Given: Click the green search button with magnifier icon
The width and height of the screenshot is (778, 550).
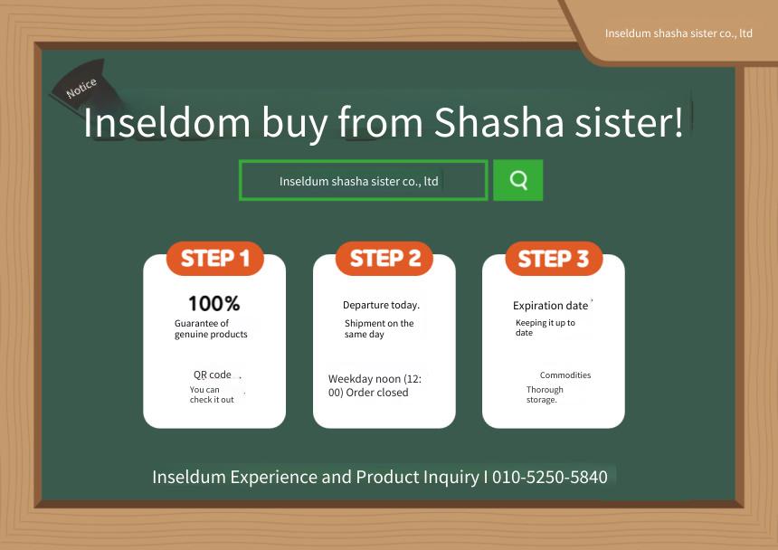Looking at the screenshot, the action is tap(517, 180).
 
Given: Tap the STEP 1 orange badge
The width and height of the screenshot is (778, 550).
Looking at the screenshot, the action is tap(214, 259).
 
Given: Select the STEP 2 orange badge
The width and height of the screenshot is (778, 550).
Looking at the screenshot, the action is tap(384, 259).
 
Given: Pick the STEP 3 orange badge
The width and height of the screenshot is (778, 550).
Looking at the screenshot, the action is tap(554, 259).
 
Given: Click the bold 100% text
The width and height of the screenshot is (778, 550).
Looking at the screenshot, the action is tap(214, 303).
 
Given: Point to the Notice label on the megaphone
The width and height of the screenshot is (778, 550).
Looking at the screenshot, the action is tap(81, 88).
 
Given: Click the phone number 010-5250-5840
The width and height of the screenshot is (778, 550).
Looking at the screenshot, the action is tap(550, 477).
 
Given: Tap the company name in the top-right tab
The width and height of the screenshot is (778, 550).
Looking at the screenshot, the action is tap(678, 33).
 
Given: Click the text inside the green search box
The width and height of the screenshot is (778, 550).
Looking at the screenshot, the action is tap(359, 182).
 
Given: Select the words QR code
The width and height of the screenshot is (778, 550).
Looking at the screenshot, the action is tap(213, 375).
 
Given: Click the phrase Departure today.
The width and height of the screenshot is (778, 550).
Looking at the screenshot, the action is tap(381, 305).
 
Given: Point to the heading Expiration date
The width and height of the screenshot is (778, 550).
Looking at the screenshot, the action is tap(550, 306).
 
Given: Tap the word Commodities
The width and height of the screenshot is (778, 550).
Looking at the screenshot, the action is tap(565, 375).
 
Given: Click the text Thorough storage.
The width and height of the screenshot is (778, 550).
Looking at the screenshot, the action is tap(545, 394).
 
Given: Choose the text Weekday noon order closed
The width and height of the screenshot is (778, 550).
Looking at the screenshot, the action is tap(375, 386).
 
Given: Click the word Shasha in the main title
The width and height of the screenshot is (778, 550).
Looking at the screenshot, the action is tap(499, 122).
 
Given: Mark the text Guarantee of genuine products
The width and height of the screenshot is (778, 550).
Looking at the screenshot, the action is tap(211, 328).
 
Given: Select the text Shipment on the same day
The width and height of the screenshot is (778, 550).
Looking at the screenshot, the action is tap(379, 328).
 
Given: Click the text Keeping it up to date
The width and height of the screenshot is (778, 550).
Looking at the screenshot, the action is tap(546, 327).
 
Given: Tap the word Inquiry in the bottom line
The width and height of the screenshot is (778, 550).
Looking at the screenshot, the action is tap(451, 477).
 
